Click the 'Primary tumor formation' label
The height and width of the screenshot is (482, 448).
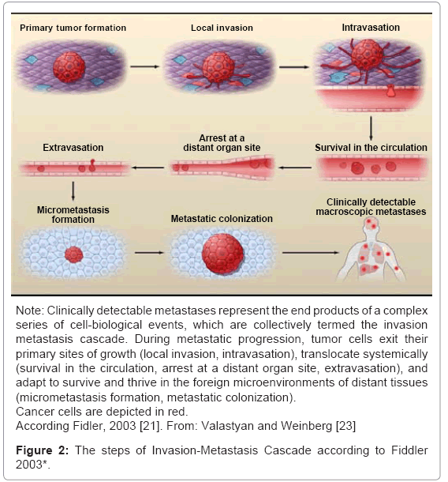coord(73,28)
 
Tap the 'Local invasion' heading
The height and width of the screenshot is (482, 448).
coord(222,28)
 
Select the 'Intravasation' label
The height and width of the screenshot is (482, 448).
coord(371,28)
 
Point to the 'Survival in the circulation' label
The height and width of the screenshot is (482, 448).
coord(371,148)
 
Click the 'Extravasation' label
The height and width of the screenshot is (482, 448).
coord(73,148)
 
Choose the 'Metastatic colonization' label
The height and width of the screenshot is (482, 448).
coord(222,219)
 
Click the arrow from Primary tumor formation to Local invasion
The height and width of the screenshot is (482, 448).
coord(145,66)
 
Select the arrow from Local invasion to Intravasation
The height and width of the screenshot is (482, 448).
coord(294,66)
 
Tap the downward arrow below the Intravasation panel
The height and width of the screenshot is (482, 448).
coord(371,129)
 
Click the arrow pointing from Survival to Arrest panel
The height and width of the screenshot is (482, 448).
coord(295,168)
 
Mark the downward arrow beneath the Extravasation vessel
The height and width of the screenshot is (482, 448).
coord(73,191)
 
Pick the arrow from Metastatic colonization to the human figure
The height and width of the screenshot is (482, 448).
coord(311,253)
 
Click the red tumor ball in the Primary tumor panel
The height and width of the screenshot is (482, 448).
coord(69,67)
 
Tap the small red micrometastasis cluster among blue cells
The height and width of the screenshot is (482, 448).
coord(74,254)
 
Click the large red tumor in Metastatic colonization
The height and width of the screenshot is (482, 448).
coord(222,254)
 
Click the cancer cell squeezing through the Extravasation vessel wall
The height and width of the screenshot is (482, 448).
coord(92,165)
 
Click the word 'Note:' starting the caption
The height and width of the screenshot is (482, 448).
coord(30,311)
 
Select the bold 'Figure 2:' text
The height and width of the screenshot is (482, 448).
coord(43,450)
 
